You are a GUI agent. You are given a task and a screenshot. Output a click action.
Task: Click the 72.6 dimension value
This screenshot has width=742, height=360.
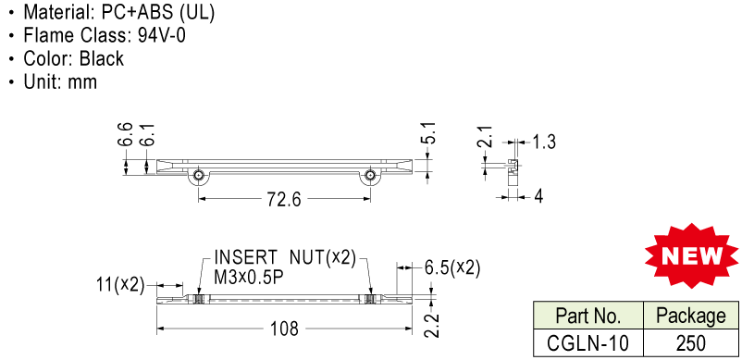(284, 200)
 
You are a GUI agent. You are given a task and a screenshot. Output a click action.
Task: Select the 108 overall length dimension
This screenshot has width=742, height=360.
(284, 329)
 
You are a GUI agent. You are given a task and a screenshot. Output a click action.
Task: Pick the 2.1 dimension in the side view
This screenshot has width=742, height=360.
(486, 137)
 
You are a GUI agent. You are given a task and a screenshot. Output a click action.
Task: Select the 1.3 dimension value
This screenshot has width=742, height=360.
(544, 142)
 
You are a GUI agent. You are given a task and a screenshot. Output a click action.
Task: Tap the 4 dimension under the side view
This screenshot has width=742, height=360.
(538, 196)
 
